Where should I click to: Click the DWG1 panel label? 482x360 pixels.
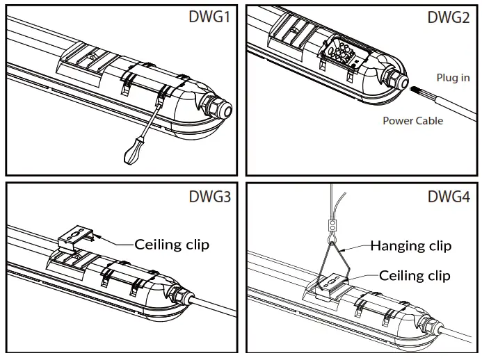210,17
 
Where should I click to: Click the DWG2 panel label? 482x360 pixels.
449,17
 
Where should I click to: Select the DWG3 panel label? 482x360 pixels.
210,196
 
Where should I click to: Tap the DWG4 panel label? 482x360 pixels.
449,196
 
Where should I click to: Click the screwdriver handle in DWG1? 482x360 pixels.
132,152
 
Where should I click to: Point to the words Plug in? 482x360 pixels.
453,78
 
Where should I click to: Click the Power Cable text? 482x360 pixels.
413,120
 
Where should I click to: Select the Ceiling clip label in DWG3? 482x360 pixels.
172,244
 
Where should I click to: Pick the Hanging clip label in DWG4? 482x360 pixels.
410,245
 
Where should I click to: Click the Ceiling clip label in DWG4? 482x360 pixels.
415,275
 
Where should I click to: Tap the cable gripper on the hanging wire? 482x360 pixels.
332,224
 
